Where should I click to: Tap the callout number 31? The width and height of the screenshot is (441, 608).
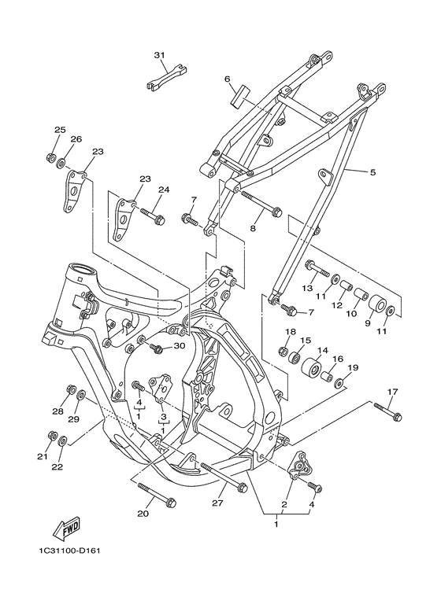pos(160,55)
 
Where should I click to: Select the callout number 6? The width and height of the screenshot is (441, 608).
pos(227,79)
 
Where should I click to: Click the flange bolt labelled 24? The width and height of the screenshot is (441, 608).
pos(154,214)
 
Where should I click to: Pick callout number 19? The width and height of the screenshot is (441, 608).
pos(352,367)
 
